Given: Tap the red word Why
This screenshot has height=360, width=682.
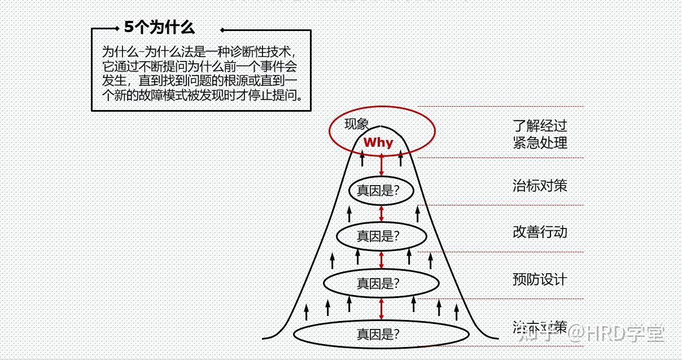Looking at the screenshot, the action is pos(378,143).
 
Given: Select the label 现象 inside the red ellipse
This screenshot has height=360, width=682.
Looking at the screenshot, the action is pos(356,124).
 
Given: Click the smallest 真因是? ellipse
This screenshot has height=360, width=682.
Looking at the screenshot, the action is pos(381,191).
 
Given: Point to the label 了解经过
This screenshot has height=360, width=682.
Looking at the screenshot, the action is pos(539,125).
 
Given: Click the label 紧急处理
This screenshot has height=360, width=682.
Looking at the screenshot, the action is pos(539,142).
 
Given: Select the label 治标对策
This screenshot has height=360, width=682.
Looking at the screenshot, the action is pos(539,185).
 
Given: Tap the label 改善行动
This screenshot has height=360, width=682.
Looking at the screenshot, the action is pos(539,232).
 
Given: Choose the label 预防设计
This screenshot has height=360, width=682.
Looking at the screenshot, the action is pos(539,279).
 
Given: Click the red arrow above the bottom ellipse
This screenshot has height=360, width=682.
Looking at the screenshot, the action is pos(382,309).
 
